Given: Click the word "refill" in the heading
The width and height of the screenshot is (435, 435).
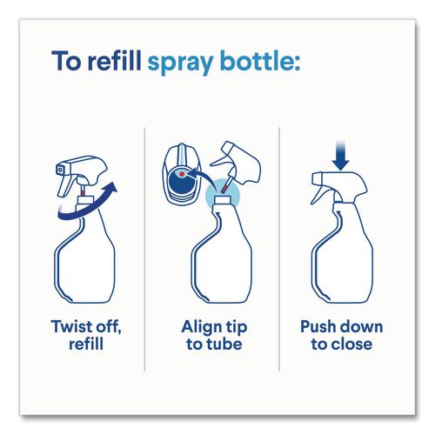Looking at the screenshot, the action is (114, 61).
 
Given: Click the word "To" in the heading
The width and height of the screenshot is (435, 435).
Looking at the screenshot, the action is (66, 61).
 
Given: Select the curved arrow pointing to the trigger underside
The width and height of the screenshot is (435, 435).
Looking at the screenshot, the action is (202, 177).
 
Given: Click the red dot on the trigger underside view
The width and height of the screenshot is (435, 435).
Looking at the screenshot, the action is (182, 174).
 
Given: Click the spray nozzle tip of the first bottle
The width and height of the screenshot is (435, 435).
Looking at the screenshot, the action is (59, 170).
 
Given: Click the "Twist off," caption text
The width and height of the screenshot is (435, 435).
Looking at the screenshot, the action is (86, 327).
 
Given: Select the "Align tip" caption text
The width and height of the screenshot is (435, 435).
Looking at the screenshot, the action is (214, 327).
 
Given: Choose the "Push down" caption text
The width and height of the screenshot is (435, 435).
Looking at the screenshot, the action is (342, 327).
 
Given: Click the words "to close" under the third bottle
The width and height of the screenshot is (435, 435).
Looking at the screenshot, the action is (342, 345).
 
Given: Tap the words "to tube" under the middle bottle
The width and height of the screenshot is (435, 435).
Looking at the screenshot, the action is (214, 345).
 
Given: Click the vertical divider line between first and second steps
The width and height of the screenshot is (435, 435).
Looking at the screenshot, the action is (144, 249).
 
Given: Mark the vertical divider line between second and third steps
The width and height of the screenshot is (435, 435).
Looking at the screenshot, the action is (279, 249).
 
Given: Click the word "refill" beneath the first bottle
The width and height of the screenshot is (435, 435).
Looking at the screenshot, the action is (86, 345).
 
